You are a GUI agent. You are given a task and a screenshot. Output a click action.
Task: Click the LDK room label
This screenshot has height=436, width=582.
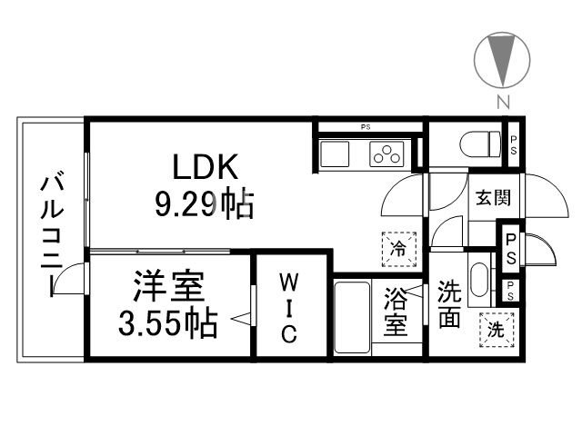206,168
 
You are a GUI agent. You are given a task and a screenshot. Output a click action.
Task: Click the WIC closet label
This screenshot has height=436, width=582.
286,306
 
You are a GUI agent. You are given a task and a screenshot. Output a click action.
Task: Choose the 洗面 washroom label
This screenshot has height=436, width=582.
449,306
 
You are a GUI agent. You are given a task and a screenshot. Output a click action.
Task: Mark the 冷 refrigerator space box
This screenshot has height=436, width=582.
397,246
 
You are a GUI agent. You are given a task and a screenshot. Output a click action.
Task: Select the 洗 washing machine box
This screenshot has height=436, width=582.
497,331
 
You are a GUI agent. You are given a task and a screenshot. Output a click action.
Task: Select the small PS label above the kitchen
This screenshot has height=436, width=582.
366,126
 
